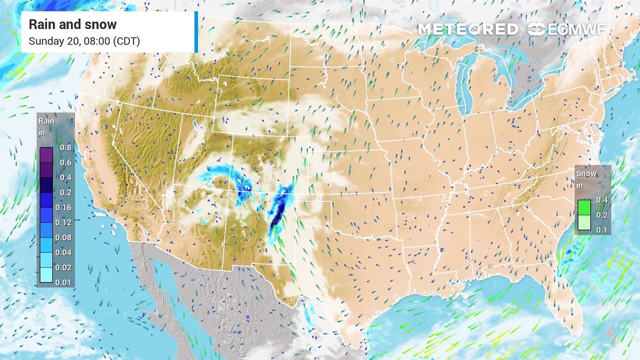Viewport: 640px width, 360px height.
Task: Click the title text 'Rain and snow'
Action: click(72, 24)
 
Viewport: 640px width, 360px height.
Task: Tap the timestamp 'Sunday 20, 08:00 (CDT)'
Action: click(84, 41)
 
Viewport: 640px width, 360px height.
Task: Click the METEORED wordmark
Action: click(467, 29)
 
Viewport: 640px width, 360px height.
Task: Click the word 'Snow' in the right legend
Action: click(586, 174)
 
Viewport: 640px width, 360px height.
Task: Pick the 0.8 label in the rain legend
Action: click(65, 147)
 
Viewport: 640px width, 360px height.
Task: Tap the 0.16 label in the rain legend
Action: click(65, 207)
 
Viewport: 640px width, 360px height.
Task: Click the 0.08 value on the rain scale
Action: click(65, 237)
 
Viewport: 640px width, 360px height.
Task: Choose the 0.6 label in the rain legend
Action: click(65, 162)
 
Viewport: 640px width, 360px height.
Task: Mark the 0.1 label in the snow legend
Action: click(601, 230)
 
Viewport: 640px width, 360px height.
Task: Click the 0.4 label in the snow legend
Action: click(601, 200)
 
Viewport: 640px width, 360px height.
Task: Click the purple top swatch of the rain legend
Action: click(46, 154)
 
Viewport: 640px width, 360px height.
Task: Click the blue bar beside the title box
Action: click(196, 32)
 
